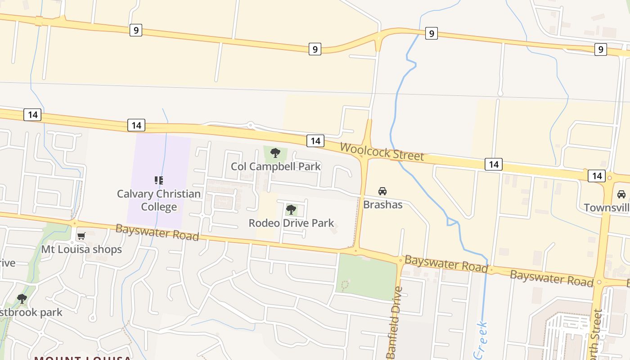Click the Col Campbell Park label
276,166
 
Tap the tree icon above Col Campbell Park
275,153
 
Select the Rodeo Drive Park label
291,223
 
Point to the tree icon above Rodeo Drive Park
291,209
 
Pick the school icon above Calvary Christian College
159,180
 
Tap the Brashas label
382,205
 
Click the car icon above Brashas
382,191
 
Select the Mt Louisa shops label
81,249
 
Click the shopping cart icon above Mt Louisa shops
81,236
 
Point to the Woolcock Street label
382,151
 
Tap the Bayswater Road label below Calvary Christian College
157,232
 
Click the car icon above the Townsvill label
621,194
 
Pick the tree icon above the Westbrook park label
22,298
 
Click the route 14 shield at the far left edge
32,115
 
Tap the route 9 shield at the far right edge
600,49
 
